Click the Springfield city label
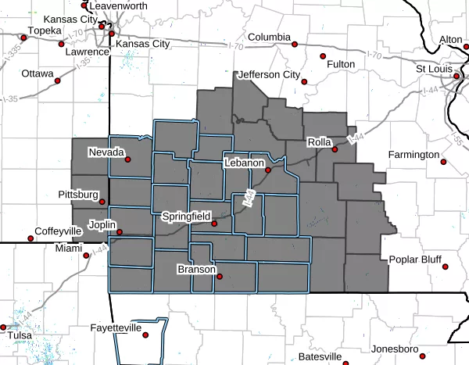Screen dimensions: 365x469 [x=185, y=215]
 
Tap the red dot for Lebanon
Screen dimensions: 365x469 [x=267, y=170]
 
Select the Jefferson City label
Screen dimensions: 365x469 [x=268, y=75]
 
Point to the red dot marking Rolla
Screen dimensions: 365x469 [x=334, y=149]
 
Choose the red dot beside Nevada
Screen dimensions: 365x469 [x=127, y=159]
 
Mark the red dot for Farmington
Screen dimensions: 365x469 [x=443, y=163]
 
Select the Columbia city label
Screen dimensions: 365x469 [x=270, y=38]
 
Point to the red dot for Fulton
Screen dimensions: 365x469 [x=322, y=55]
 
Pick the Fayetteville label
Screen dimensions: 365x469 [x=116, y=328]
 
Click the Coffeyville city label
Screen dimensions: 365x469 [x=58, y=232]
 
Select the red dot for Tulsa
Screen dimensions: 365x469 [x=4, y=327]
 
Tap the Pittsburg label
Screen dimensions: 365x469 [x=78, y=193]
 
